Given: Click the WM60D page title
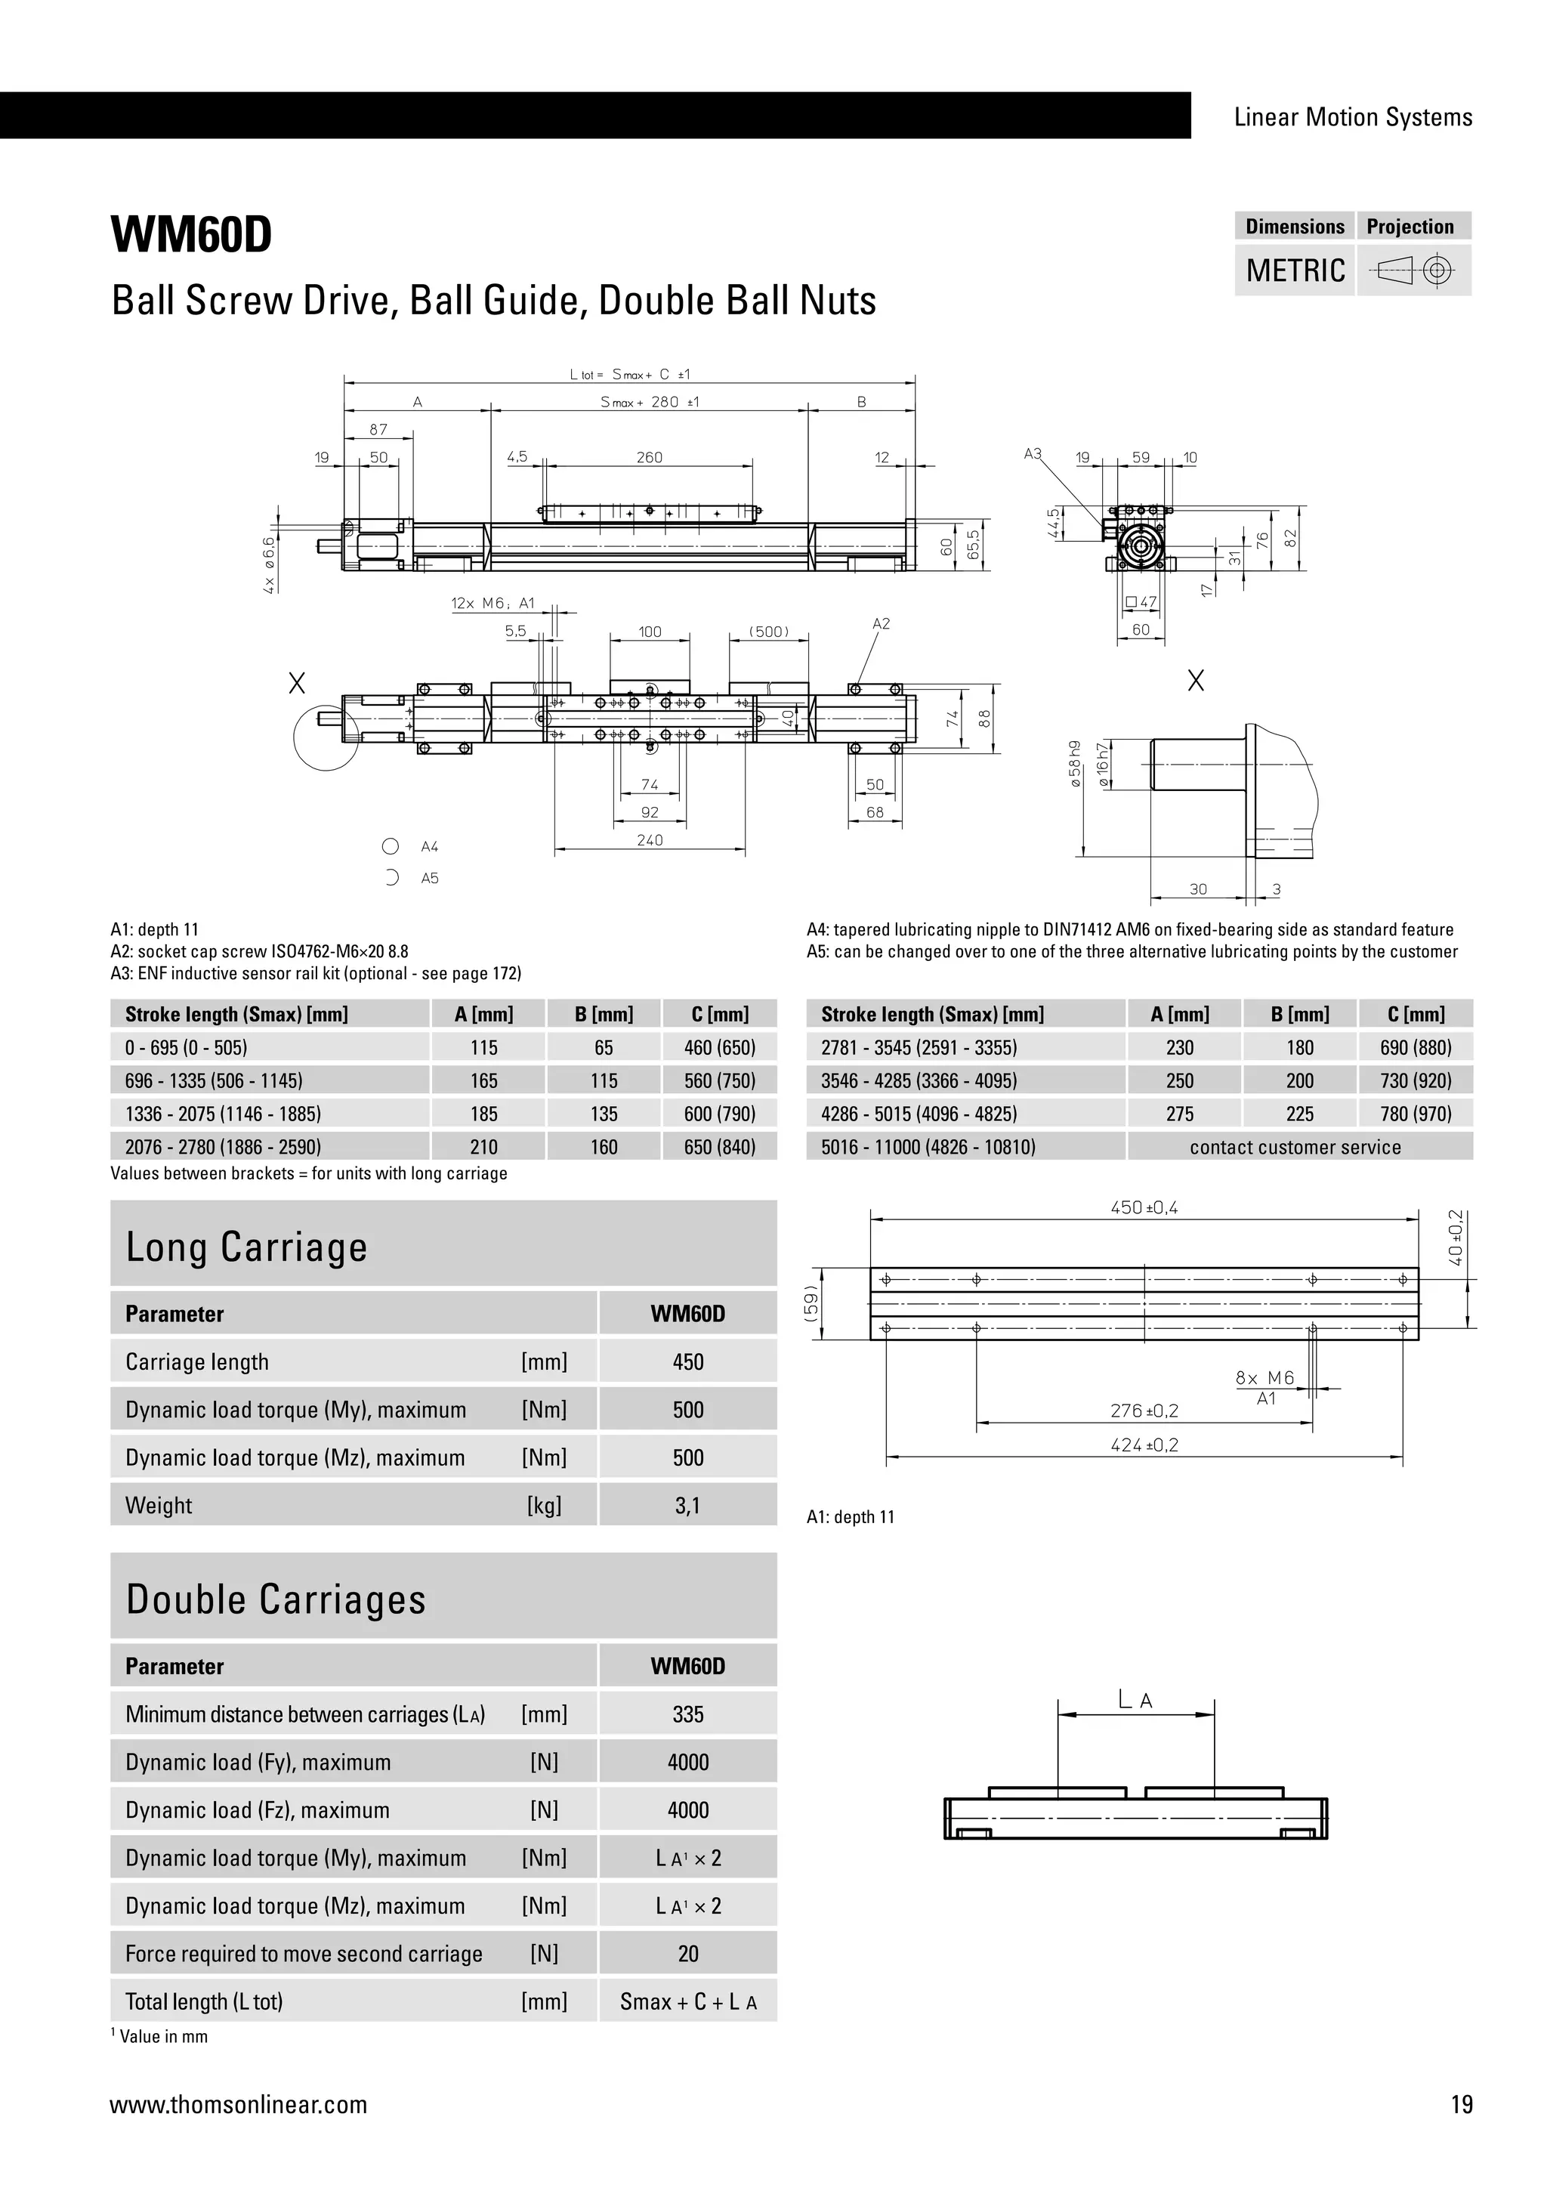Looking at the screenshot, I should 191,234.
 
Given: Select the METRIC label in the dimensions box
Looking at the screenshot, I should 1295,270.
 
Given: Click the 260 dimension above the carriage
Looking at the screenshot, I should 649,457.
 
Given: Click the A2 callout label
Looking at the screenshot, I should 882,624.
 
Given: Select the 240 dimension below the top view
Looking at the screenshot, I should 649,840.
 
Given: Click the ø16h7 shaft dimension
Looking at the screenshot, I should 1102,763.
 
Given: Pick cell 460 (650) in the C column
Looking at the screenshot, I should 719,1047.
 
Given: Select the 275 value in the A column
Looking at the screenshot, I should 1179,1114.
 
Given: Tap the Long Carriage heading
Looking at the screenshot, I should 247,1247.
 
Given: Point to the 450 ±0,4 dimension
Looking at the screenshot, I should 1144,1207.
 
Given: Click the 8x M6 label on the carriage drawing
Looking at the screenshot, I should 1265,1378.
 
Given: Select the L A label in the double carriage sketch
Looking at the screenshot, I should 1135,1699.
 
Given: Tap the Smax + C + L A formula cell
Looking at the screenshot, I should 688,2002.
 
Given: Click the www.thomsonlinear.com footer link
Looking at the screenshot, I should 238,2105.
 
